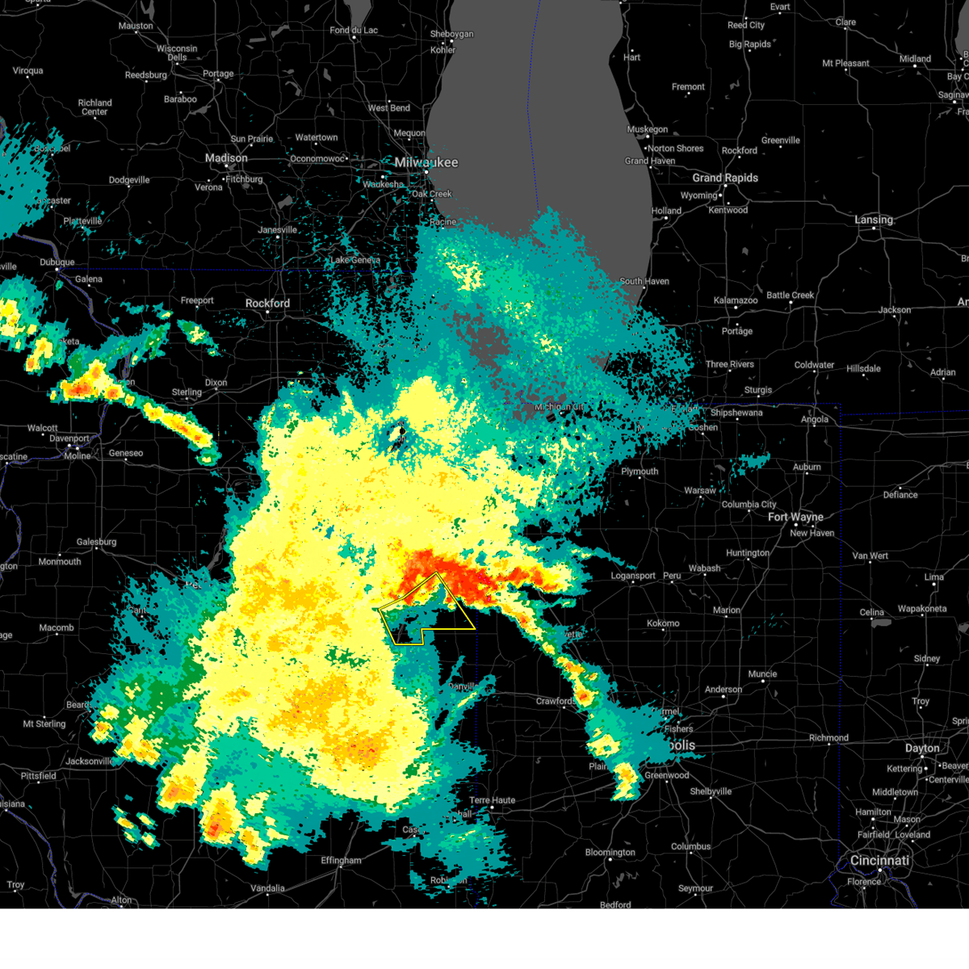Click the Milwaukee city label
point(426,162)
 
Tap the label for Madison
point(226,158)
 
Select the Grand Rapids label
point(725,178)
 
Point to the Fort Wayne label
point(795,517)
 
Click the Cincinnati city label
point(879,861)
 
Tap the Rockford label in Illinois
point(267,304)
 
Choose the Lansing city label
point(874,220)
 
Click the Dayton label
point(922,749)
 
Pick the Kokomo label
point(663,623)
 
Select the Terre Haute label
point(492,800)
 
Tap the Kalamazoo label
point(736,300)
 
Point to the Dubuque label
point(57,262)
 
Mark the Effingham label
point(341,861)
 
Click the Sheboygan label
point(451,34)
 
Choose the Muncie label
point(762,674)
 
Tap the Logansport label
point(633,576)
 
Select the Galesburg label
point(96,542)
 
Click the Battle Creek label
point(791,296)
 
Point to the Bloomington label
point(610,853)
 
